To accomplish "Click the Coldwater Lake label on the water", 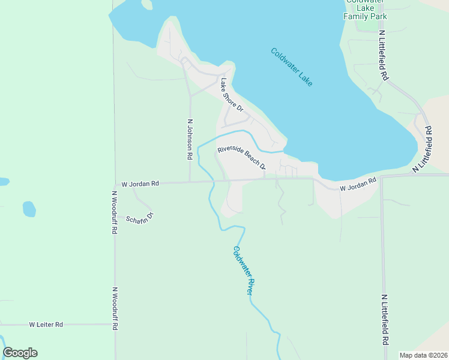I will click(291, 67).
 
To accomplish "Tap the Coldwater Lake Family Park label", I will click(365, 10).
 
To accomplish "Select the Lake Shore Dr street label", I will click(231, 95).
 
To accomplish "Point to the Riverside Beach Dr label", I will click(241, 158).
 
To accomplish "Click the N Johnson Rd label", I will click(190, 139).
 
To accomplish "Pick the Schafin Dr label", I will click(140, 217).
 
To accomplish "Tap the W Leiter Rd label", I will click(46, 325).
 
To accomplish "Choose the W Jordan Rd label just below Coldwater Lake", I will click(358, 184).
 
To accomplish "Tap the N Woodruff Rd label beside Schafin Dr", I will click(113, 212).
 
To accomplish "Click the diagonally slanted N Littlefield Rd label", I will click(424, 149).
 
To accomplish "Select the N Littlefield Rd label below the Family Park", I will click(382, 57).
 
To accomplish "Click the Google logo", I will click(20, 353).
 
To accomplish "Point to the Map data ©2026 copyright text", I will click(423, 355).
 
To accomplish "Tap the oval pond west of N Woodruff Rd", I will click(29, 209).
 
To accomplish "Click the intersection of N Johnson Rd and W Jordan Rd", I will click(190, 181).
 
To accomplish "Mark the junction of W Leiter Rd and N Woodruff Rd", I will click(115, 324).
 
